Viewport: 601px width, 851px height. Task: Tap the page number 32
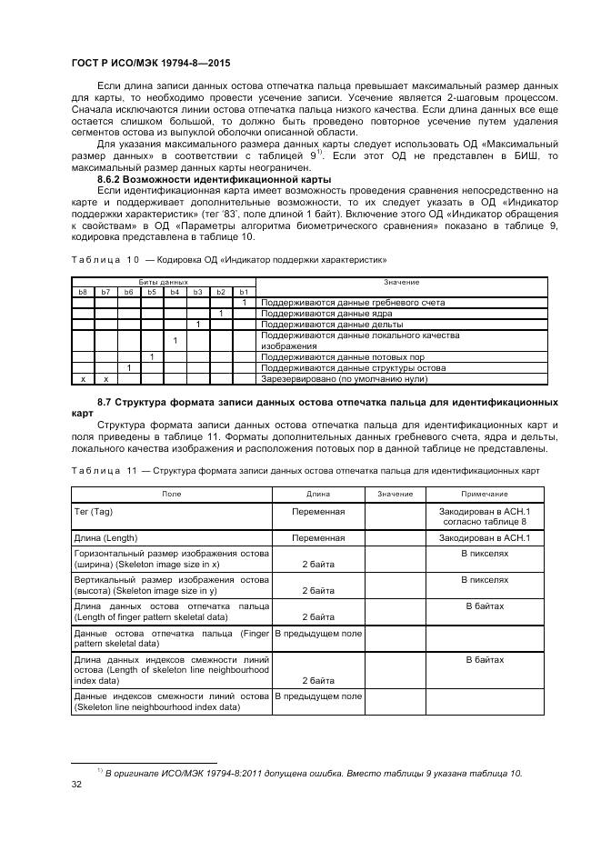pos(76,785)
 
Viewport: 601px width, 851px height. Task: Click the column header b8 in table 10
pos(84,292)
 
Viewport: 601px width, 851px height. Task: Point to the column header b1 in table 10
pos(244,292)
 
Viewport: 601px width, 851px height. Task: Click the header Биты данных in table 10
pos(164,282)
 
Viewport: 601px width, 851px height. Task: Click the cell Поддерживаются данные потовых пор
pos(342,357)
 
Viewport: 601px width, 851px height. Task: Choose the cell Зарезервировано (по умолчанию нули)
pos(344,379)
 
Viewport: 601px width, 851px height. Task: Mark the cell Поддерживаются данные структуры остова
pos(354,368)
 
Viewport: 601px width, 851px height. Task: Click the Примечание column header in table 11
pos(485,494)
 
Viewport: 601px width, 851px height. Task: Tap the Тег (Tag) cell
pos(93,512)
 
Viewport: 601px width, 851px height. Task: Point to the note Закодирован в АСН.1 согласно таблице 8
pos(485,517)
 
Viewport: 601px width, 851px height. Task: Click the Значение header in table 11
pos(395,494)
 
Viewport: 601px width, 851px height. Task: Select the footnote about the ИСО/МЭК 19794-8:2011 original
pos(313,773)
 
